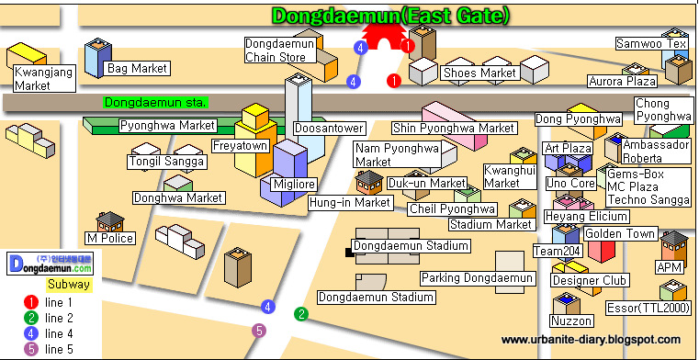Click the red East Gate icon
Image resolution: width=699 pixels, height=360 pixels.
point(383,37)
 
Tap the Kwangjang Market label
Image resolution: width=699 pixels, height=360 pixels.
point(44,78)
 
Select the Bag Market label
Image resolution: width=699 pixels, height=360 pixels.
point(137,69)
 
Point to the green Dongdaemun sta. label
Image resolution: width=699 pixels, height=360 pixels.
point(155,103)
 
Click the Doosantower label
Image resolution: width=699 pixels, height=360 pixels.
point(330,129)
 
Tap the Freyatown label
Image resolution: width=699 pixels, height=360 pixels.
point(240,146)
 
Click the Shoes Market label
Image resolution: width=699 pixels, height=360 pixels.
point(479,73)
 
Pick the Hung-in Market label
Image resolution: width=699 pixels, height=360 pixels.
point(350,203)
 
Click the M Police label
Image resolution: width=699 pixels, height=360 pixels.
point(110,239)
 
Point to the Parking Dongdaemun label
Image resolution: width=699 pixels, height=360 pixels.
point(477,278)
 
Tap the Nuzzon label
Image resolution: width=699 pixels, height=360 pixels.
point(571,321)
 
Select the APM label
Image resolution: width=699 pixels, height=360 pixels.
point(670,267)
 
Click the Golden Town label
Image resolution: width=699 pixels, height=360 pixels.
point(620,233)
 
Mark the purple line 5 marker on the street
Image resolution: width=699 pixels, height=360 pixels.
point(258,331)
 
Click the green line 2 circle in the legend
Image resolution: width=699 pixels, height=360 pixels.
point(30,318)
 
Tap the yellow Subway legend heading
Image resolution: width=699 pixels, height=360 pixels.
point(69,285)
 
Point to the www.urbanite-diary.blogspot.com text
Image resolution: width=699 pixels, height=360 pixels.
point(591,340)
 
